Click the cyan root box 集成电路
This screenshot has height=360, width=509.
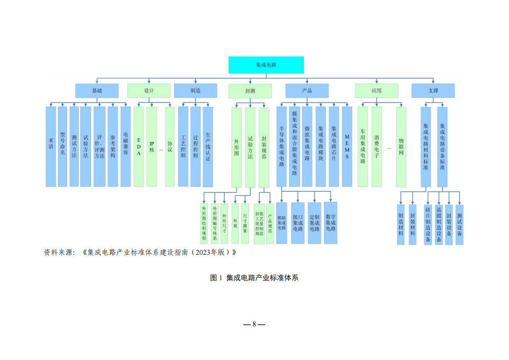pyautogui.click(x=266, y=65)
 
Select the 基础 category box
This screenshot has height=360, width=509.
pyautogui.click(x=97, y=91)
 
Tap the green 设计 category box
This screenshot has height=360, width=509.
pyautogui.click(x=149, y=91)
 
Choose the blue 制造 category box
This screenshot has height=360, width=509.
pyautogui.click(x=195, y=91)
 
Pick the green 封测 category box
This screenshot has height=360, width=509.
pyautogui.click(x=250, y=91)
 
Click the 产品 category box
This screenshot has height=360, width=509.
pyautogui.click(x=307, y=91)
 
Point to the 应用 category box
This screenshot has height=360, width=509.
pyautogui.click(x=376, y=91)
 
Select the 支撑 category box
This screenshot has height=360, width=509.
pyautogui.click(x=433, y=91)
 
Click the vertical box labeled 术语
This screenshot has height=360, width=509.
pyautogui.click(x=51, y=146)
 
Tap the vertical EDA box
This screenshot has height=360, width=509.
pyautogui.click(x=139, y=146)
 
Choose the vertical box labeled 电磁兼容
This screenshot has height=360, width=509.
pyautogui.click(x=126, y=146)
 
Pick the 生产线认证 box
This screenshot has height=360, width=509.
pyautogui.click(x=208, y=146)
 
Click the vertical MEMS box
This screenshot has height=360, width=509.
pyautogui.click(x=347, y=146)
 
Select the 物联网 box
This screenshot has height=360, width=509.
pyautogui.click(x=401, y=146)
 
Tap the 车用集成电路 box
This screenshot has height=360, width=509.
pyautogui.click(x=363, y=146)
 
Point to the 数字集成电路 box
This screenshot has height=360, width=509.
pyautogui.click(x=330, y=223)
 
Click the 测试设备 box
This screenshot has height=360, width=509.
pyautogui.click(x=459, y=224)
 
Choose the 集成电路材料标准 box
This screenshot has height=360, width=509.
pyautogui.click(x=426, y=146)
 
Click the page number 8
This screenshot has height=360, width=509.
pyautogui.click(x=254, y=324)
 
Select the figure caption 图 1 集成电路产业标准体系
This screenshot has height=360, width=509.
pyautogui.click(x=254, y=277)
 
